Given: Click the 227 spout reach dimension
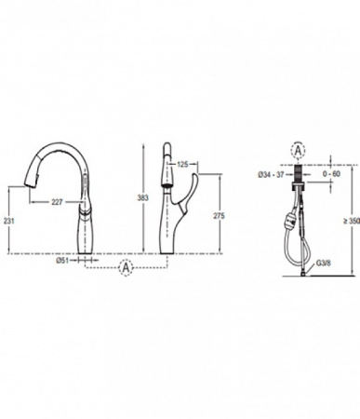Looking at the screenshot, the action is tap(57, 202).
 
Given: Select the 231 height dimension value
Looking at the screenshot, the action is tap(8, 221).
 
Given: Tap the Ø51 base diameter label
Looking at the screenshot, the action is tap(62, 260).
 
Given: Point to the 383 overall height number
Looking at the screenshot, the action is tap(142, 197).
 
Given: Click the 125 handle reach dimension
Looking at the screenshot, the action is tap(182, 164).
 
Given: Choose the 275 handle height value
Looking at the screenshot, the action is tap(219, 216).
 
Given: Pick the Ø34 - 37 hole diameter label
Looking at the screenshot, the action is tap(271, 174).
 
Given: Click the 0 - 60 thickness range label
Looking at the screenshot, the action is tap(331, 174).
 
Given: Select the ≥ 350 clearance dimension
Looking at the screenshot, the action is tap(352, 221).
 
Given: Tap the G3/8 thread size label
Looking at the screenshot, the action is tap(324, 264).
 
